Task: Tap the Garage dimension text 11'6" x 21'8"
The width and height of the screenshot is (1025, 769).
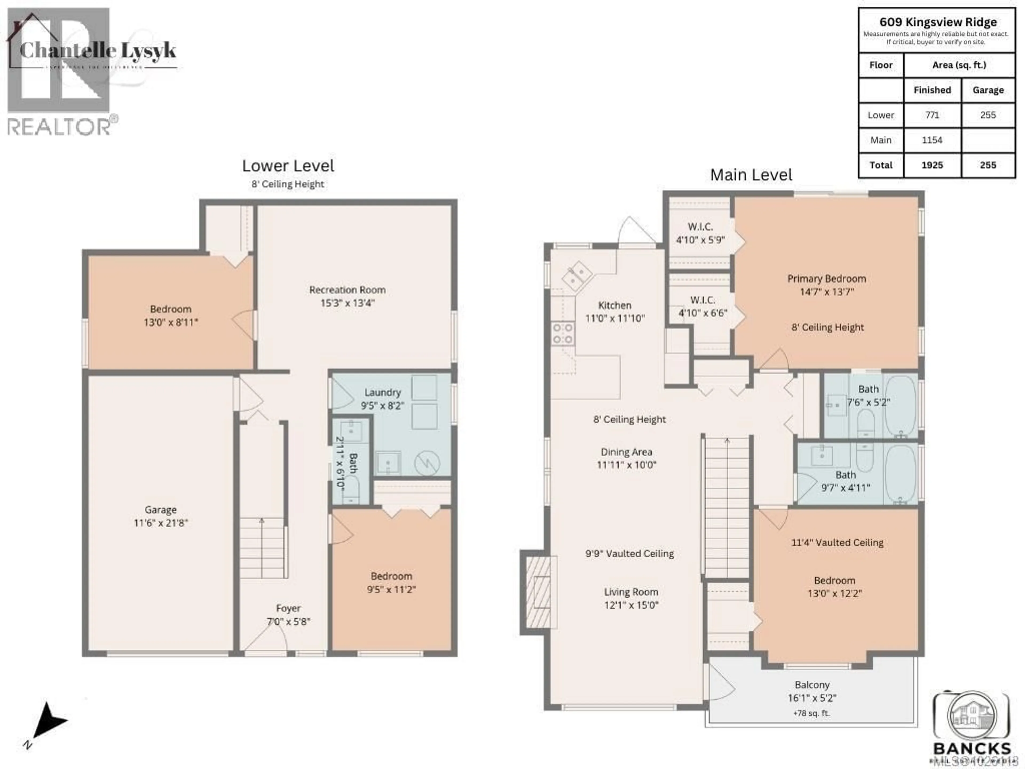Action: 160,523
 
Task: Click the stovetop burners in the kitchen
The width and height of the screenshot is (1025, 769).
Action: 562,334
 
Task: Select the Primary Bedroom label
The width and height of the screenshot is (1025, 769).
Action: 827,278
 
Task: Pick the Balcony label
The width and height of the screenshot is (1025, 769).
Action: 812,685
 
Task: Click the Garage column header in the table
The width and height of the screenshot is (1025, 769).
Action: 988,90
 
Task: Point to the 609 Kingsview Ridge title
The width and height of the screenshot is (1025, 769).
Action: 938,22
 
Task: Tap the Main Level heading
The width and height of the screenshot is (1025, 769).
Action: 751,175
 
